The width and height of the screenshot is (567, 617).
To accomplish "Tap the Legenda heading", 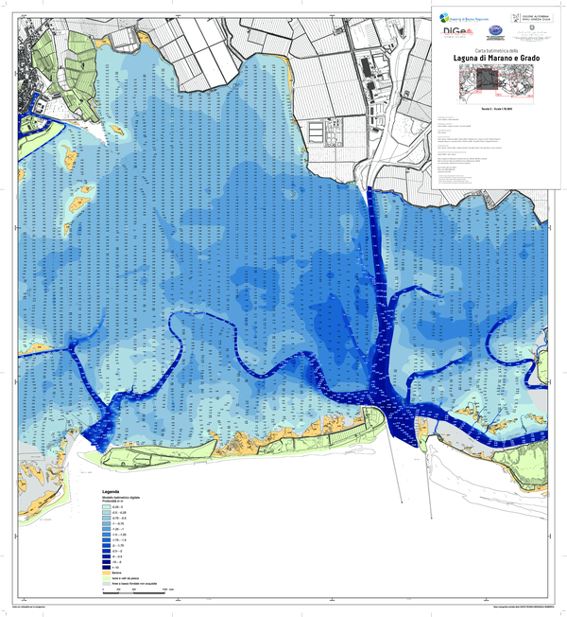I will tap(113, 492).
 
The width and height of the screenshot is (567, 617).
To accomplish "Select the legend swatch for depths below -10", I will tap(107, 566).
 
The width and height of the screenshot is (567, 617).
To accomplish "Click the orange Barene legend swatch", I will tap(107, 572).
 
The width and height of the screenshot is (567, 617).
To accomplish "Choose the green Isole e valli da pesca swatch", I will tap(107, 577).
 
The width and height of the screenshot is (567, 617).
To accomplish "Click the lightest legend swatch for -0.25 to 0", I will tap(107, 508).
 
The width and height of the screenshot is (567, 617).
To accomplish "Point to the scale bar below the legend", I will tap(138, 591).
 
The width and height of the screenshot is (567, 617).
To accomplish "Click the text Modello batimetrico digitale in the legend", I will tap(128, 498).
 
